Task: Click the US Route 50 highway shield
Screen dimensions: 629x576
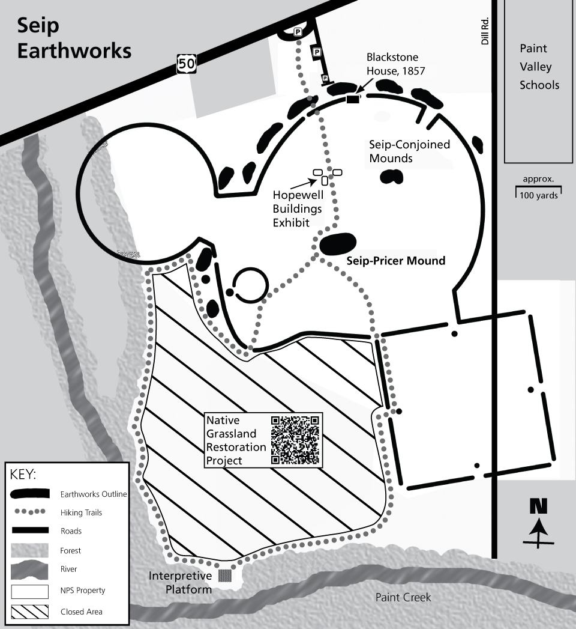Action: [x=186, y=62]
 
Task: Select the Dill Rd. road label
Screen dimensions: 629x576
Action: [x=485, y=30]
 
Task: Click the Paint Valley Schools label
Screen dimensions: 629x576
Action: [x=539, y=66]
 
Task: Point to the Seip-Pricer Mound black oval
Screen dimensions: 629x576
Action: [x=338, y=243]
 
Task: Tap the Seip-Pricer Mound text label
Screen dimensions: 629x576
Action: [x=396, y=261]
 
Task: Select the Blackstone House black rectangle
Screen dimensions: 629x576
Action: [x=352, y=100]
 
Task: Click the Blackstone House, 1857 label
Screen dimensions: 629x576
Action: [x=392, y=64]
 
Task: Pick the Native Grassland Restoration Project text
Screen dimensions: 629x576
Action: [x=236, y=440]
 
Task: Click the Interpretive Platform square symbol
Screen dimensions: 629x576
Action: [x=224, y=575]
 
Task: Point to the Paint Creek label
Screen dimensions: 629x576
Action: [x=403, y=597]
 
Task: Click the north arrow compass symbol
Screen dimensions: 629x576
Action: [x=539, y=523]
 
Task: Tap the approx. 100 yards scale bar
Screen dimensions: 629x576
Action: [x=538, y=191]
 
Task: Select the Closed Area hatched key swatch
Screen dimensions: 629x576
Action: [x=29, y=612]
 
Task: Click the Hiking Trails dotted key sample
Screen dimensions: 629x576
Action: [x=29, y=512]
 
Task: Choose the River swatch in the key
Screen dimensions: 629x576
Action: [x=29, y=568]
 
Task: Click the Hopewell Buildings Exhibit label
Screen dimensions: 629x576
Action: [x=298, y=208]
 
